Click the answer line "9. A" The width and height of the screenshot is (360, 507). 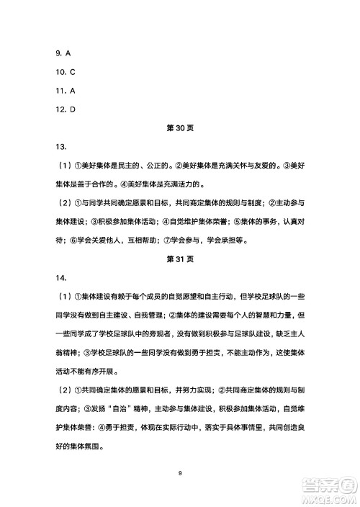point(63,53)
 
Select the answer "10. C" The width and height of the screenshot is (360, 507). point(66,72)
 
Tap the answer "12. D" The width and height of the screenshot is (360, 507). point(66,109)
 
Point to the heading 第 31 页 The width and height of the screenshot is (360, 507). point(180,258)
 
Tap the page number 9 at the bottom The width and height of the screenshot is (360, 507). point(180,472)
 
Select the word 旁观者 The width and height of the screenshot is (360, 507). point(177,333)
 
